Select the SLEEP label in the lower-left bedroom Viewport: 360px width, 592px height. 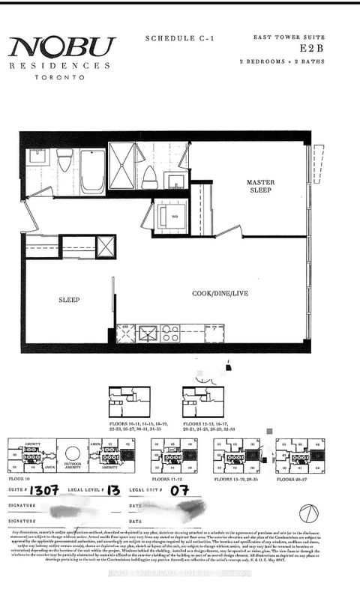click(69, 300)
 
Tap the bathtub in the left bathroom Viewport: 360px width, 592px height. click(93, 170)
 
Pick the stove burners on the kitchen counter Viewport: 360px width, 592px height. click(170, 333)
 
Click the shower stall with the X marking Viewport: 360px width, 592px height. click(122, 166)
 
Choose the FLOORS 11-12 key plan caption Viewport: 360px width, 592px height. click(169, 477)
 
